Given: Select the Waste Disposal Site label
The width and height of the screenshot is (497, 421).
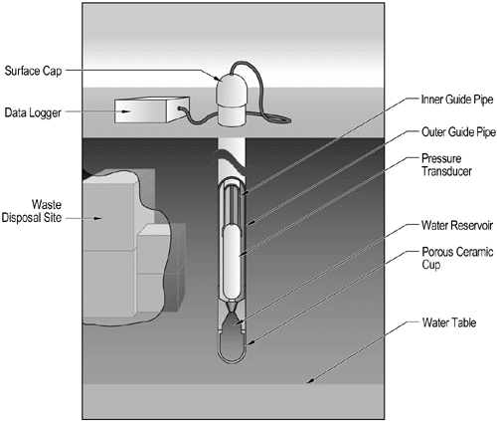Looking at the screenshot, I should click(33, 214).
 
